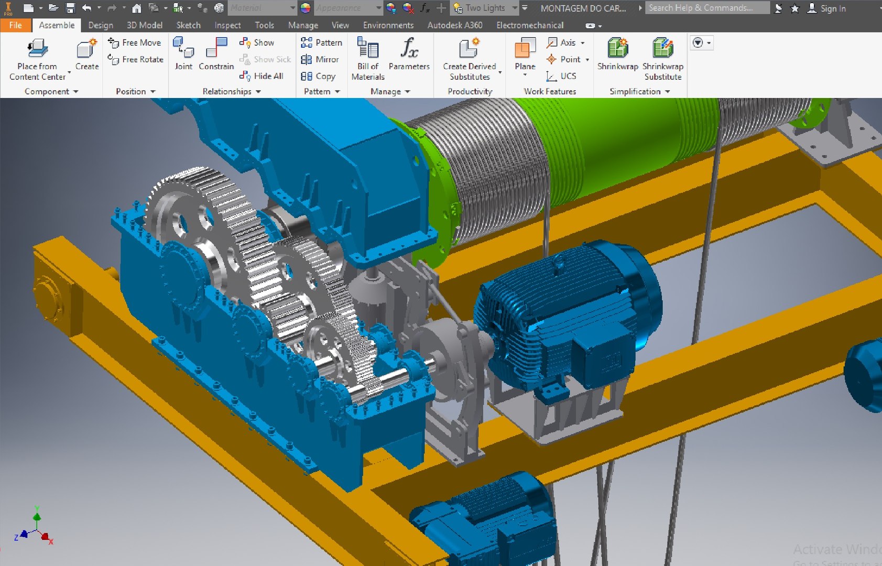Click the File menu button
15,25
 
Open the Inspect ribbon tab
227,25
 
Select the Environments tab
388,25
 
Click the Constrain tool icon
216,48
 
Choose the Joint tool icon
183,48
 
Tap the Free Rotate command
136,60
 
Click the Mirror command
320,60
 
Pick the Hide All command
262,77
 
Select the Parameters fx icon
409,48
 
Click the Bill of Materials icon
368,48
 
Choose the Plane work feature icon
525,48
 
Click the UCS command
561,77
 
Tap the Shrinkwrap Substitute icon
663,48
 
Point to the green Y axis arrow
37,516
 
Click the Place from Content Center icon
37,49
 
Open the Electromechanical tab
530,25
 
